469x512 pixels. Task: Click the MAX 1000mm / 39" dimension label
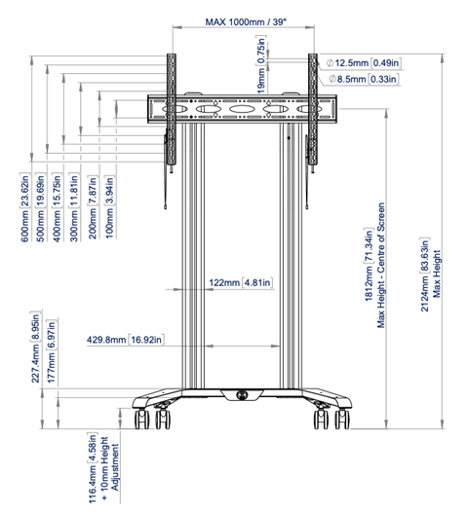tap(246, 21)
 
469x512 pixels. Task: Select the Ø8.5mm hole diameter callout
tap(363, 79)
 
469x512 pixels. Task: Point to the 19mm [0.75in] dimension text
tap(261, 64)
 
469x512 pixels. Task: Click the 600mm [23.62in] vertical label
tap(25, 207)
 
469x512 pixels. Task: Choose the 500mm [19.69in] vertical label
tap(41, 207)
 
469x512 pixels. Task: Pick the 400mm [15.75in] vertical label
tap(57, 207)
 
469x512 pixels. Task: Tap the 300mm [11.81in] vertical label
tap(74, 207)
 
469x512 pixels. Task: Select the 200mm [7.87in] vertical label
tap(93, 207)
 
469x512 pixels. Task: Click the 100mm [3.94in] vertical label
tap(109, 207)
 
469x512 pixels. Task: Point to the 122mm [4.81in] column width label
tap(241, 282)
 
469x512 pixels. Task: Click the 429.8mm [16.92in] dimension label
tap(125, 340)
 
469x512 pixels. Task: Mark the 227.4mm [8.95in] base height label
tap(35, 347)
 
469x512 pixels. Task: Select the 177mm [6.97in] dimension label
tap(52, 351)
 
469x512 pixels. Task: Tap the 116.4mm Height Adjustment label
tap(103, 468)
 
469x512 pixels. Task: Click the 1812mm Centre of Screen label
tap(374, 265)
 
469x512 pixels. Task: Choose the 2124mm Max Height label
tap(430, 274)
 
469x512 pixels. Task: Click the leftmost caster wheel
tap(141, 419)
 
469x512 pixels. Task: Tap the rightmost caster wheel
tap(342, 419)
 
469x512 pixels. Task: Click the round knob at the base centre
tap(242, 395)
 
